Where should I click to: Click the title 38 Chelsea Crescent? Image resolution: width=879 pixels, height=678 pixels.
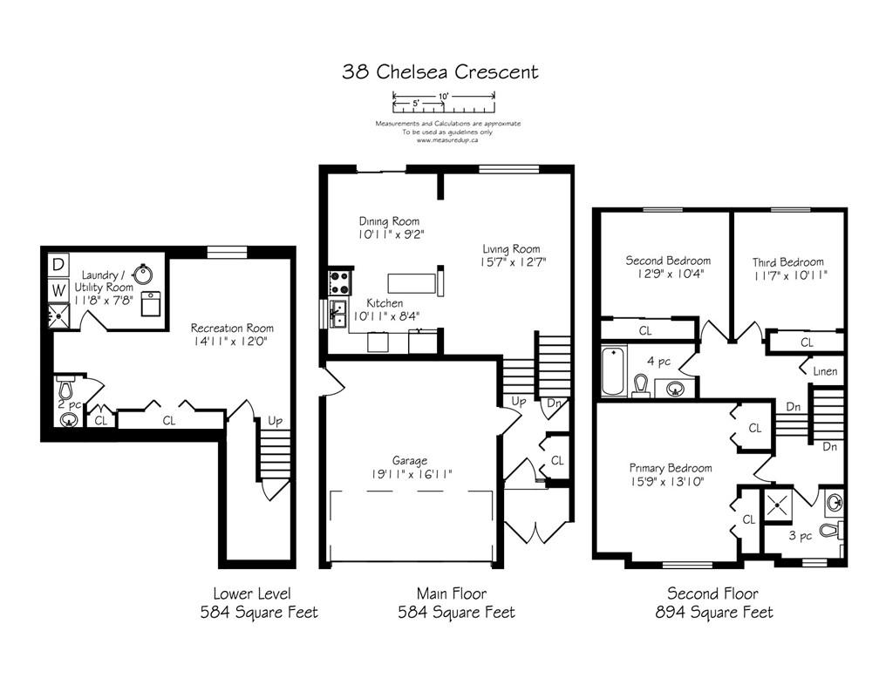(440, 71)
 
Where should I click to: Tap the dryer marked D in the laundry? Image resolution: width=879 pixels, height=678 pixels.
(58, 264)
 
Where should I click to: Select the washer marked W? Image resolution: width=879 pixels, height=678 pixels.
(58, 290)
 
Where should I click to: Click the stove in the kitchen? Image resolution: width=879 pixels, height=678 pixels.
(339, 281)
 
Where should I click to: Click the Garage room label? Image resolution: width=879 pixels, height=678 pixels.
(410, 461)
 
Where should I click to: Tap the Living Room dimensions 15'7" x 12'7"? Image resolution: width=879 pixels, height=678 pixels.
(513, 261)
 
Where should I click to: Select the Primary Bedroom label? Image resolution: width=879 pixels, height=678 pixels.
(671, 468)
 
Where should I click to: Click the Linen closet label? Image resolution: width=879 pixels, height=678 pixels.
(825, 371)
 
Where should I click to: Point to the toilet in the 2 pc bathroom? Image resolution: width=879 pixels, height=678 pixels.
(65, 387)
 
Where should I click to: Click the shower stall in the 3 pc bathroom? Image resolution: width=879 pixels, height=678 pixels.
(779, 505)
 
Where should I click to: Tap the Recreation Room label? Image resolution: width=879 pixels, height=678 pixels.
(232, 328)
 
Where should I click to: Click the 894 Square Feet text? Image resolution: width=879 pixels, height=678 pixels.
(714, 613)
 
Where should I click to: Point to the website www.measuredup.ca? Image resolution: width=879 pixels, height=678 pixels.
(447, 140)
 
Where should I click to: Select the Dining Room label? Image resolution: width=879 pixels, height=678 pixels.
(389, 221)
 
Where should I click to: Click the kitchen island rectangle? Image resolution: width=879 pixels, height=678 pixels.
(412, 283)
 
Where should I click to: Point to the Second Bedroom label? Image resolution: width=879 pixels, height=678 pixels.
(668, 261)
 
